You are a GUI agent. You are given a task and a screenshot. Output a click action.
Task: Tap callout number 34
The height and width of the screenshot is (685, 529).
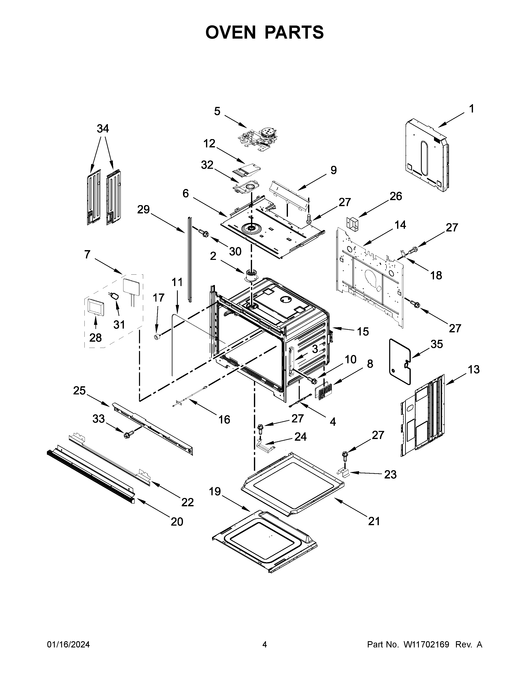point(103,129)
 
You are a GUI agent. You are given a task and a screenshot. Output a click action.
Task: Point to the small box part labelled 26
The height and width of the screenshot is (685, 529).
point(352,223)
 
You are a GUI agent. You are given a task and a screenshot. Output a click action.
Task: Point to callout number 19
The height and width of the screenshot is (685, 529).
point(215,492)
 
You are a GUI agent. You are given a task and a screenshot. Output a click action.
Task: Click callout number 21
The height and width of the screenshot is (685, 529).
point(374,521)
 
